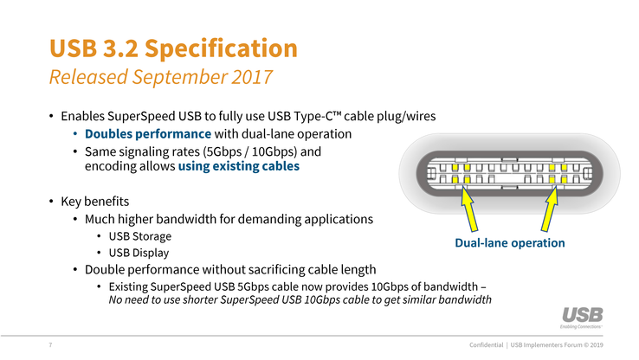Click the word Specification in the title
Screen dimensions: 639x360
[x=221, y=49]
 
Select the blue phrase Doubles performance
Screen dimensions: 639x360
[x=148, y=134]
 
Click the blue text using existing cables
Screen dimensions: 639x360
[x=239, y=166]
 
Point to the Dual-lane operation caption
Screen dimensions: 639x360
[x=510, y=242]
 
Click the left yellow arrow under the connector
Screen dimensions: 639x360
[x=468, y=209]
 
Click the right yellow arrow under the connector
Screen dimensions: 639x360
[x=550, y=209]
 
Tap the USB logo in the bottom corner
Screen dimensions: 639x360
[x=582, y=318]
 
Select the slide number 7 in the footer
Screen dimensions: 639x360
[x=50, y=345]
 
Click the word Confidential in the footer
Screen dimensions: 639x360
[x=487, y=345]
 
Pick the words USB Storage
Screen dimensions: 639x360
[x=139, y=236]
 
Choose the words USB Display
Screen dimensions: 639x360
[x=139, y=253]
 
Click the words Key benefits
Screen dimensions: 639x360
[x=95, y=201]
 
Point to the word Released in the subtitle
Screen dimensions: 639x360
[x=88, y=77]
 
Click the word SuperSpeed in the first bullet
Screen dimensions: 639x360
[x=141, y=117]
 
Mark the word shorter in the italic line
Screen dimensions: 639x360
[x=200, y=299]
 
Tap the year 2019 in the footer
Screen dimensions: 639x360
[x=597, y=345]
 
